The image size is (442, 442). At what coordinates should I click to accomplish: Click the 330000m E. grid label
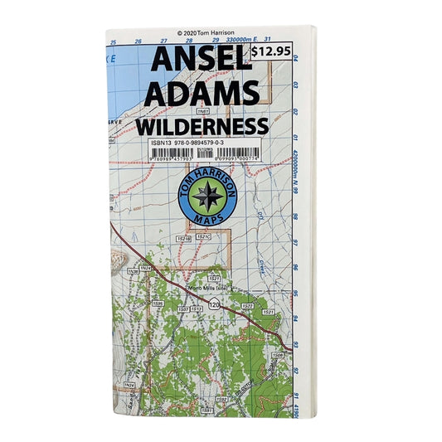(x=251, y=40)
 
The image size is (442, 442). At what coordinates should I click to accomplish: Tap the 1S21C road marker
(x=203, y=237)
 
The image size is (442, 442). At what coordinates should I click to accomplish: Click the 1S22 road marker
(x=247, y=306)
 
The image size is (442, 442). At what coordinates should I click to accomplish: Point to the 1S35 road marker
(x=157, y=304)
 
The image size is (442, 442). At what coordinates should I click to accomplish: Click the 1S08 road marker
(x=278, y=354)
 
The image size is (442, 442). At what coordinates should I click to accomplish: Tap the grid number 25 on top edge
(x=113, y=41)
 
